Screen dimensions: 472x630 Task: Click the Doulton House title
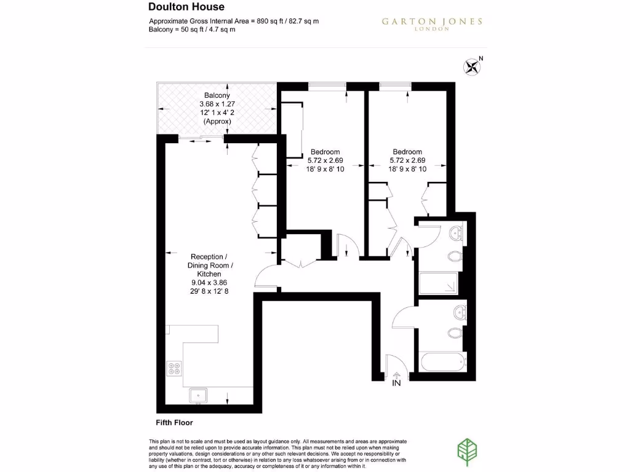(x=186, y=7)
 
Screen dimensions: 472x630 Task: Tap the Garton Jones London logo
(x=431, y=23)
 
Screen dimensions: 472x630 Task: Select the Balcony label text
(x=217, y=95)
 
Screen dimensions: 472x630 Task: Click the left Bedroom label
(x=325, y=152)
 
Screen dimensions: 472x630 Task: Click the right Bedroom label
(x=407, y=152)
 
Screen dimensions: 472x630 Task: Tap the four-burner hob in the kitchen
(x=174, y=368)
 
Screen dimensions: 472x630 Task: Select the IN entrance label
(x=397, y=383)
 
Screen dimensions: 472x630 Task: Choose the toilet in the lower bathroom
(x=456, y=333)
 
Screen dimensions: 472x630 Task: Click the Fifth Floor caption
(x=174, y=423)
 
